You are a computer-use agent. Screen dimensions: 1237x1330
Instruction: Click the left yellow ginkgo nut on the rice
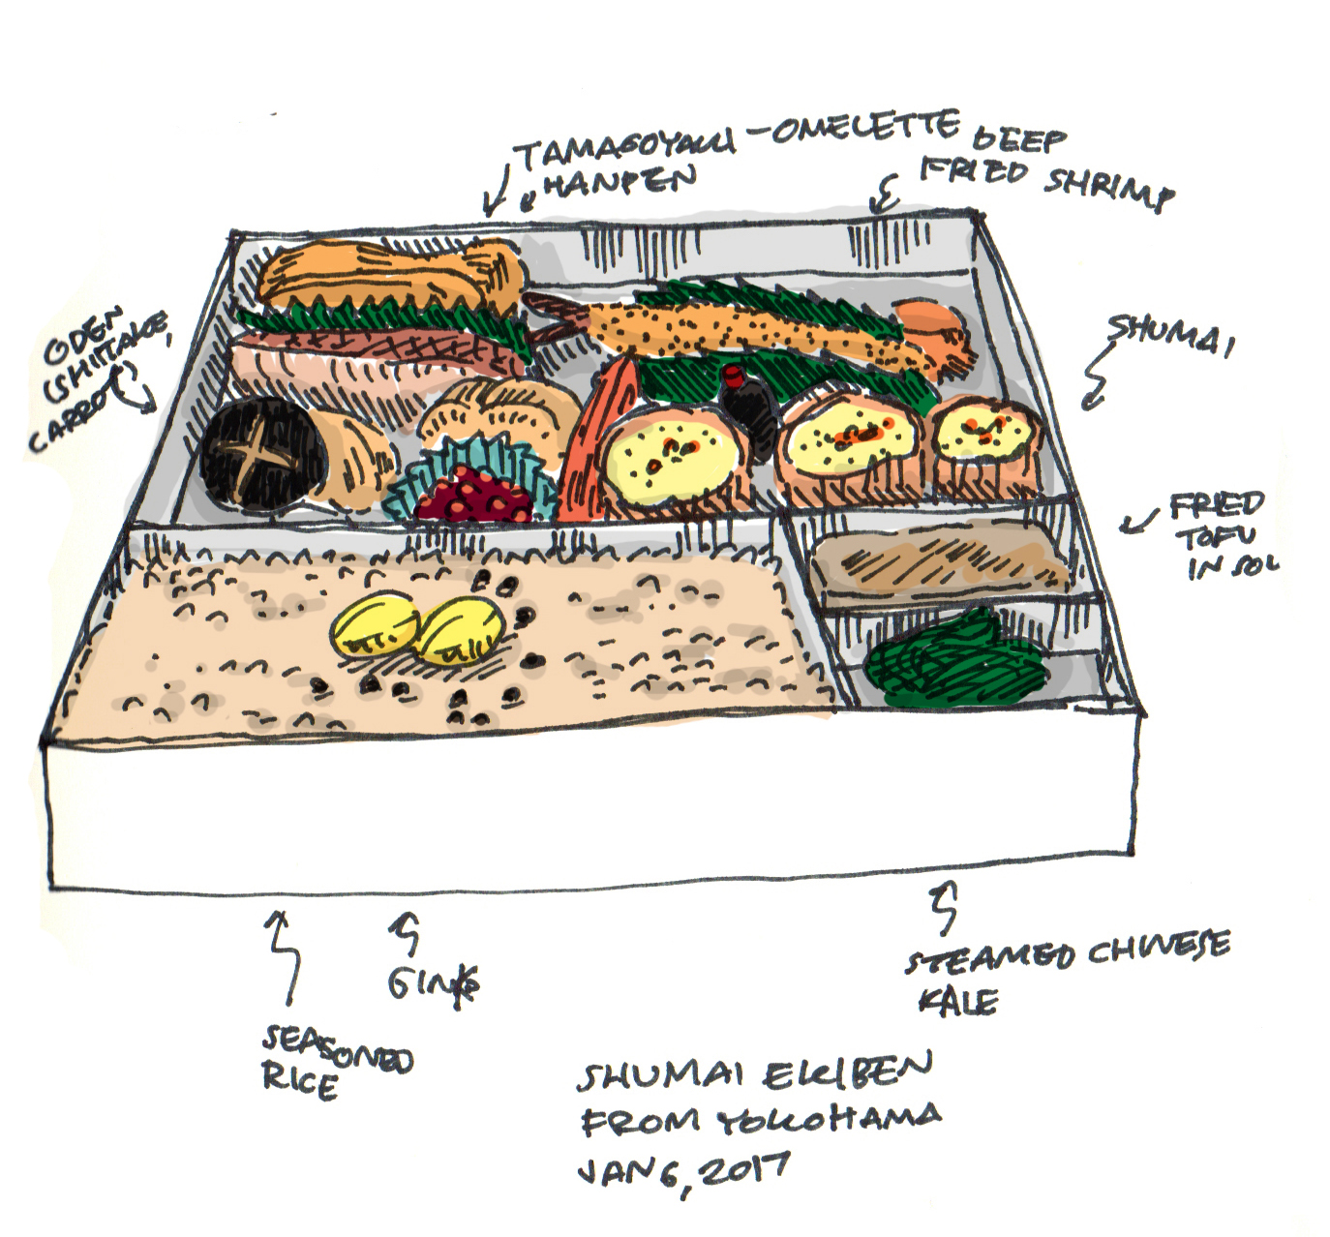(377, 626)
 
